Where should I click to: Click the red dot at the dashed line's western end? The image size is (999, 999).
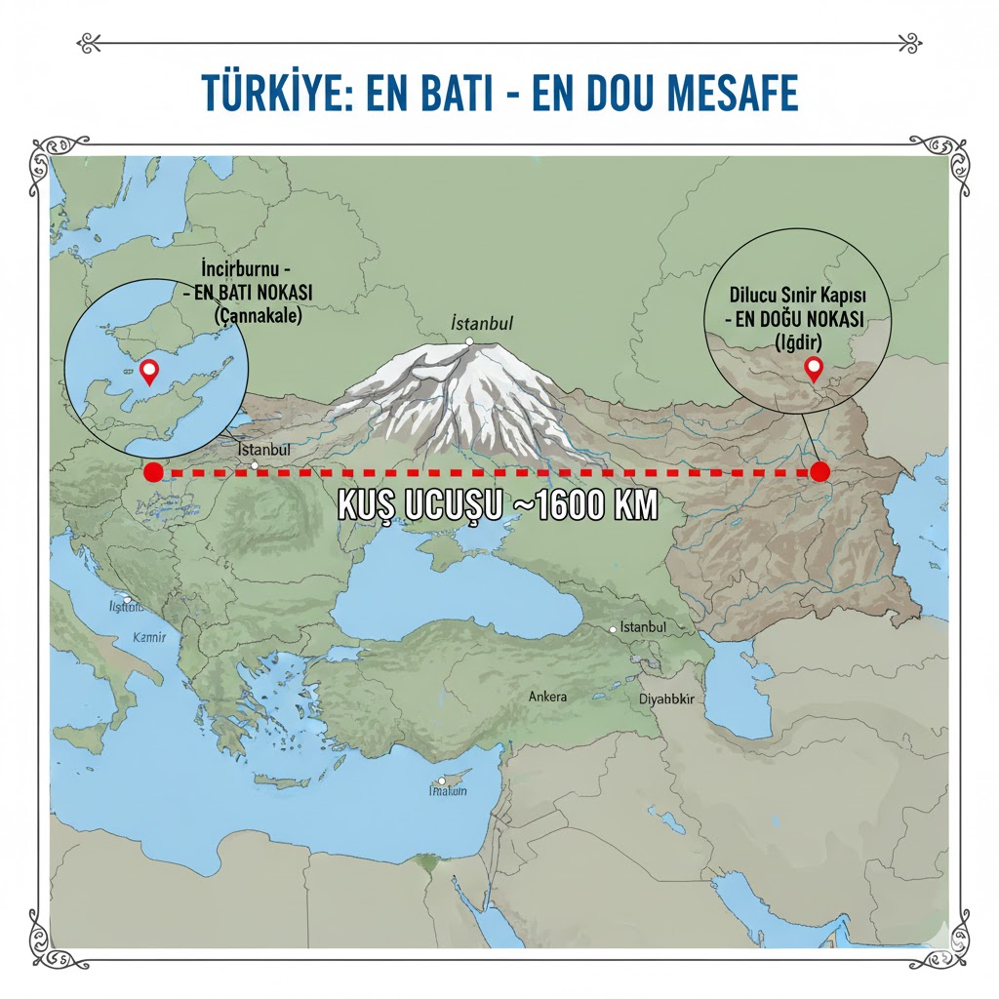pos(153,472)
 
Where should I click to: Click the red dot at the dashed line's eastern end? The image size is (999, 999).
pos(819,472)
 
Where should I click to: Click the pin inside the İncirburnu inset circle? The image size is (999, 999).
pos(149,371)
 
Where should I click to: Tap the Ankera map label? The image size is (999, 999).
pos(546,697)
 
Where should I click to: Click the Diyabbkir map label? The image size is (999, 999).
pos(665,699)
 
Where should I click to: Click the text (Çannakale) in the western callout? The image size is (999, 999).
pos(258,316)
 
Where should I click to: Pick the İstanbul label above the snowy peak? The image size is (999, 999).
pos(482,323)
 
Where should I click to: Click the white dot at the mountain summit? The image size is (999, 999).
pos(469,341)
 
